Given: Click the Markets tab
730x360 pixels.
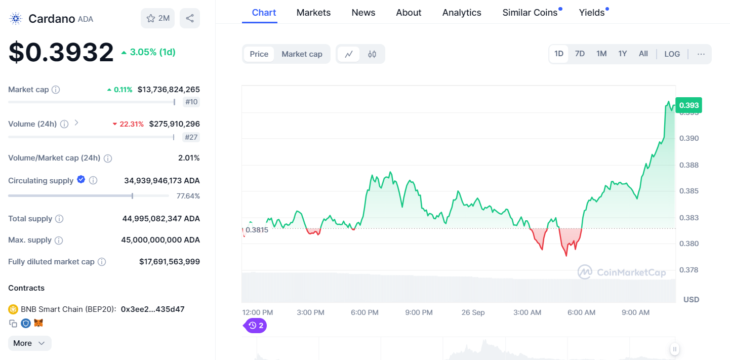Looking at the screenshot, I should (x=313, y=13).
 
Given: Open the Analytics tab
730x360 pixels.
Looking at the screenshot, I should (x=462, y=13).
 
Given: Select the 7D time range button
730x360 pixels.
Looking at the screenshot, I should (x=580, y=54).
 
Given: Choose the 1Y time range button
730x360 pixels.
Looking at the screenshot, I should (x=622, y=54).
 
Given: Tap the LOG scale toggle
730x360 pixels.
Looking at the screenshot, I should (x=672, y=54).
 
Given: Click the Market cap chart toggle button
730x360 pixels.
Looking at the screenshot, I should (x=302, y=54).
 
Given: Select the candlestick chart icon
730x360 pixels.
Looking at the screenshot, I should (x=372, y=54).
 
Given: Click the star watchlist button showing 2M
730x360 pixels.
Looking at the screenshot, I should (x=158, y=18).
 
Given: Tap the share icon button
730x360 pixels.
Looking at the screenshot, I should (x=190, y=18).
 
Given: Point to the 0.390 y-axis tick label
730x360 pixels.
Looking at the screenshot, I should (x=688, y=138).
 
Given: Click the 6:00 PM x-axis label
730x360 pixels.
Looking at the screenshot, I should (x=364, y=312).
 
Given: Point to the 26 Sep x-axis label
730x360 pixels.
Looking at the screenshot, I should (x=473, y=312).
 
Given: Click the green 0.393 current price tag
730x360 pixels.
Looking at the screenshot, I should (x=688, y=105).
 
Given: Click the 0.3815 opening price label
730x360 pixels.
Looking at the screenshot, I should (x=257, y=230).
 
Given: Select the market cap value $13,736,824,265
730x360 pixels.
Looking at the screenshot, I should (x=169, y=90).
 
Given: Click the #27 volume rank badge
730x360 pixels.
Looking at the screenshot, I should (x=191, y=137).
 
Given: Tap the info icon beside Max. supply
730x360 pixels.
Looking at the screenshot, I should (x=59, y=240).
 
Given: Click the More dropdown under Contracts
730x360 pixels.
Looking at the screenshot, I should (x=29, y=343).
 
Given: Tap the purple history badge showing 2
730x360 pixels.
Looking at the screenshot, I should (x=256, y=326).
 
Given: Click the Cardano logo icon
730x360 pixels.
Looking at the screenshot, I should (x=16, y=19).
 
